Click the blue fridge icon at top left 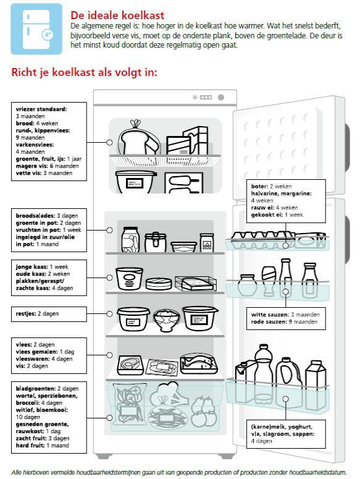[x=36, y=29]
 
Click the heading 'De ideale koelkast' [x=117, y=15]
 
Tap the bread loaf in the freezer [x=139, y=139]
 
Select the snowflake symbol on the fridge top [x=195, y=98]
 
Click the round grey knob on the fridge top [x=221, y=98]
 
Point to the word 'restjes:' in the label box [x=26, y=314]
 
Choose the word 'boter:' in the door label [x=259, y=186]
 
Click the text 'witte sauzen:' [x=270, y=315]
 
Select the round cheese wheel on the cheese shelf [x=158, y=284]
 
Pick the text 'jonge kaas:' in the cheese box [x=31, y=267]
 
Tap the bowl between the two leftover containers [x=166, y=320]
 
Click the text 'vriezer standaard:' [x=41, y=109]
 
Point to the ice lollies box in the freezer [x=183, y=183]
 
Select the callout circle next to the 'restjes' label [x=109, y=314]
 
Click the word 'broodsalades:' [x=35, y=216]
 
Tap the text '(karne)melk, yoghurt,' [x=282, y=426]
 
